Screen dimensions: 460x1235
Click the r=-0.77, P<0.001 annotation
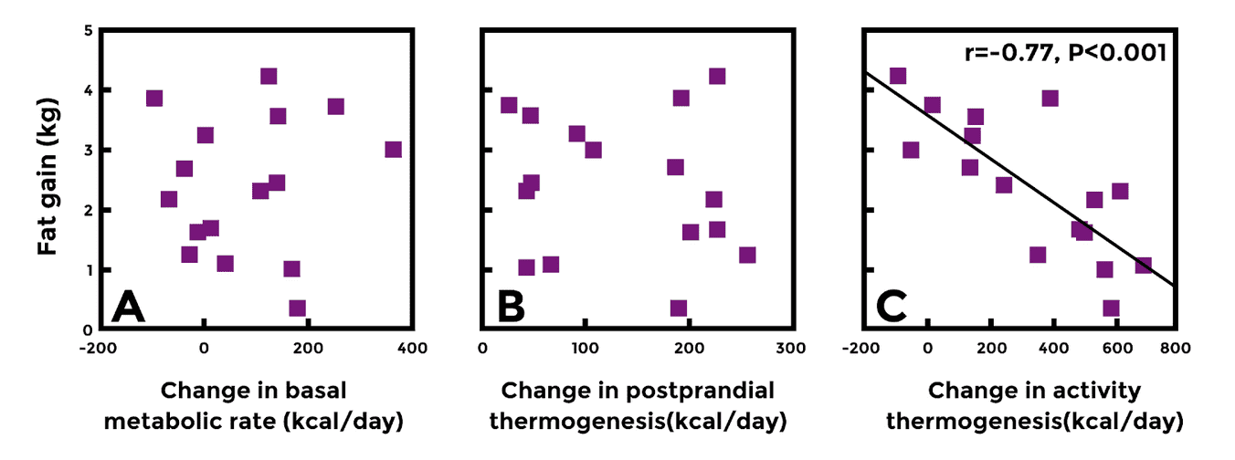[x=1065, y=52]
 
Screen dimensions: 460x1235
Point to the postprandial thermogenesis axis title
[x=638, y=406]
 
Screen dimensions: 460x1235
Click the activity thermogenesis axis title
[x=1036, y=406]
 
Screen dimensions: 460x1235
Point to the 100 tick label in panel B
[x=586, y=347]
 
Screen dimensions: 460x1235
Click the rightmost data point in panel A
[x=393, y=150]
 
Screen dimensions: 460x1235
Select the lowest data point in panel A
[x=297, y=308]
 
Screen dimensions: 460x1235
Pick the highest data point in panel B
[x=717, y=76]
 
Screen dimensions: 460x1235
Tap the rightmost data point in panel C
[x=1143, y=265]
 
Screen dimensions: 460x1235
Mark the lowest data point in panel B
[x=678, y=308]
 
